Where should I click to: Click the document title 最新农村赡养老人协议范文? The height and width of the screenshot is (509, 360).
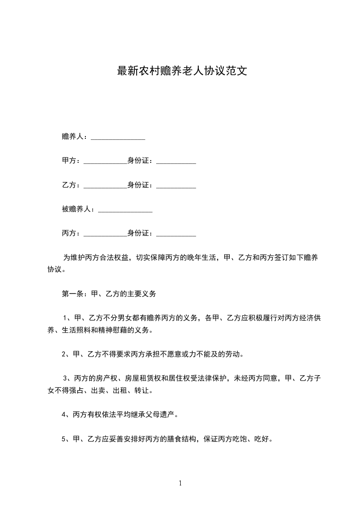(182, 71)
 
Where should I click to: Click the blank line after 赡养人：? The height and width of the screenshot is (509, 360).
(118, 137)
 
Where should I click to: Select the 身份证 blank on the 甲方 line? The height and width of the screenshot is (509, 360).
(176, 161)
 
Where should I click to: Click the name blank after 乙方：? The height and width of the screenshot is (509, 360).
(105, 186)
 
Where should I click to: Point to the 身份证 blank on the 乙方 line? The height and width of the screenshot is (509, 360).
(176, 186)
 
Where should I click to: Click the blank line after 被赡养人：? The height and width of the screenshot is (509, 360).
(125, 210)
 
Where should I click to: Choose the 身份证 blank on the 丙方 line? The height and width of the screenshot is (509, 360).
(176, 234)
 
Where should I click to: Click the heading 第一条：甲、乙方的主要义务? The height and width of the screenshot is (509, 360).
(109, 294)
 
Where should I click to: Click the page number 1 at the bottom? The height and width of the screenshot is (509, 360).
(180, 484)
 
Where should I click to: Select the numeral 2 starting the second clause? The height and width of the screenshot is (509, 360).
(64, 355)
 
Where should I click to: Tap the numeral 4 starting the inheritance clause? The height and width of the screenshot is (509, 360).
(64, 415)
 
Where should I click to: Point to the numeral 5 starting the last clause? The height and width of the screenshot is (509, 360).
(64, 439)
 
